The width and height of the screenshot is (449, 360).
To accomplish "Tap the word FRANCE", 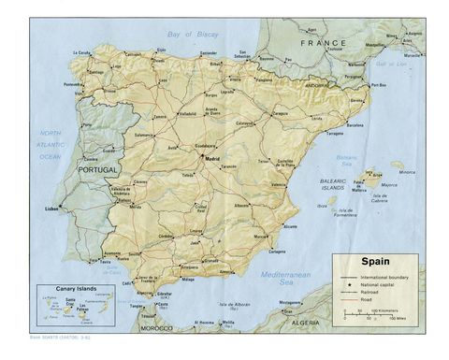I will (323, 43).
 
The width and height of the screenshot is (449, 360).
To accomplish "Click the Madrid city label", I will (212, 158).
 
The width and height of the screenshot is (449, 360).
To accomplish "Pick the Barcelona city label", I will (355, 123).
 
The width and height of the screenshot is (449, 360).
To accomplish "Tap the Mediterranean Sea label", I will (284, 278).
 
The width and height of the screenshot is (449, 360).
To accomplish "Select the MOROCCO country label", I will (156, 328).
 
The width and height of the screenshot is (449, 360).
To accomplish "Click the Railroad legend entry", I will (374, 292).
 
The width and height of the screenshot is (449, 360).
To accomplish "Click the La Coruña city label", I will (83, 52).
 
